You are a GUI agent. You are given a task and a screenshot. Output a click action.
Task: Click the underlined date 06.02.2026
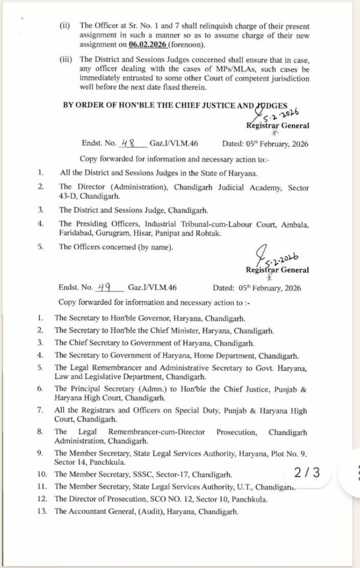(148, 45)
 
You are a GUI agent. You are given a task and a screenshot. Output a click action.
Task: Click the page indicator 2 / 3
(307, 472)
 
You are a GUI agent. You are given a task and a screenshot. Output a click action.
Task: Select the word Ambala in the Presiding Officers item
(296, 224)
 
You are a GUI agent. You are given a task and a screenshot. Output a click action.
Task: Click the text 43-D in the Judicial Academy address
(68, 196)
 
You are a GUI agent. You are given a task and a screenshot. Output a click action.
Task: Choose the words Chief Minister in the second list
(190, 330)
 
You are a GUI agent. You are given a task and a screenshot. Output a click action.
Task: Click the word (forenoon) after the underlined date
(187, 45)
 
